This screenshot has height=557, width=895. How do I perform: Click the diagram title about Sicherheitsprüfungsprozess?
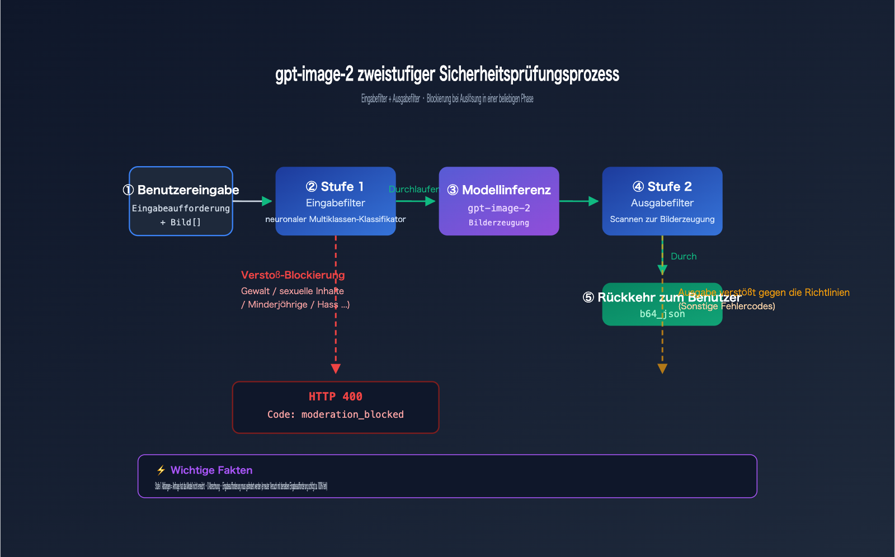[447, 74]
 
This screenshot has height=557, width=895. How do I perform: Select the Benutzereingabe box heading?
[181, 190]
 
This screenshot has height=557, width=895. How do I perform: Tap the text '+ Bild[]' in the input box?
[180, 222]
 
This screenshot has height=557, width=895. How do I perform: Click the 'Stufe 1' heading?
[335, 186]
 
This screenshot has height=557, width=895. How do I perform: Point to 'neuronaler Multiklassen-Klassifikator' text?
[335, 219]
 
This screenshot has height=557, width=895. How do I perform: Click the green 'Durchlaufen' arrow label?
[414, 189]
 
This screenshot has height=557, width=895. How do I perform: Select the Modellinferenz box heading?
[499, 190]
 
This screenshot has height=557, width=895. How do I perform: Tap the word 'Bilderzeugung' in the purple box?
[498, 223]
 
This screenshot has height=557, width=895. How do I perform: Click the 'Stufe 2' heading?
[662, 186]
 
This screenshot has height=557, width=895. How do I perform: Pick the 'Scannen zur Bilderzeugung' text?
[662, 219]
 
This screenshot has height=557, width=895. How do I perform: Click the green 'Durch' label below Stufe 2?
[684, 256]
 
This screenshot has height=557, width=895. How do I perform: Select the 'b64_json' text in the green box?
[662, 314]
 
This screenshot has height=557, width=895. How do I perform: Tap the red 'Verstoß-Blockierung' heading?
[293, 275]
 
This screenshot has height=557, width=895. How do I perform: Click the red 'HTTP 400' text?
[335, 396]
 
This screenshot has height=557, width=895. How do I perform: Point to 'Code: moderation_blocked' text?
[335, 414]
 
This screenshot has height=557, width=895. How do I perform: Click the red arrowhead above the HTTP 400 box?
[336, 369]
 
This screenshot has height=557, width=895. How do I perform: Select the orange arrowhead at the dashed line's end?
[662, 369]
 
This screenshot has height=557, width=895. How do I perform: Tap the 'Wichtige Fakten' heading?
[211, 470]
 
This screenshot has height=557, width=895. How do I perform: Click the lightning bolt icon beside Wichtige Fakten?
[161, 470]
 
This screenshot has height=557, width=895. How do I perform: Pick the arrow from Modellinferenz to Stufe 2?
[579, 201]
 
